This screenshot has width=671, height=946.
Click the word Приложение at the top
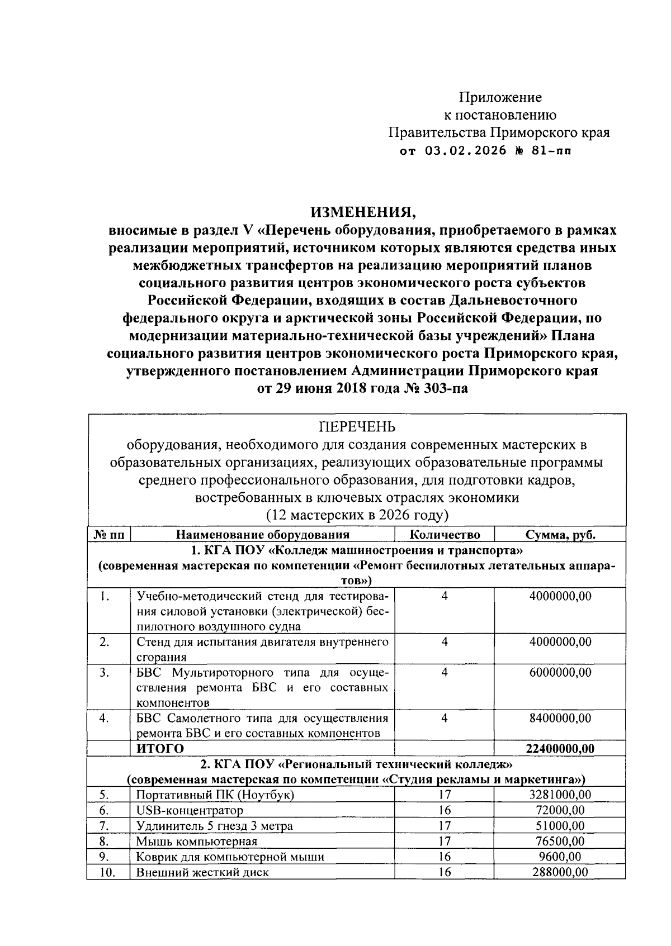500,98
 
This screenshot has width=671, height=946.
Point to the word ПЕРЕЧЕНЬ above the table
357,427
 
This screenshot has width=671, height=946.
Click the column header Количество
445,535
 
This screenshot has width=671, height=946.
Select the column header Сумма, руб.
560,535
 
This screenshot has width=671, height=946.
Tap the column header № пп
108,535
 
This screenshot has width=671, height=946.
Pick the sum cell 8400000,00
560,718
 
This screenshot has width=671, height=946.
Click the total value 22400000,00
560,749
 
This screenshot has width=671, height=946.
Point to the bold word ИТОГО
160,749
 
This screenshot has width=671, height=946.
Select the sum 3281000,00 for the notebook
560,795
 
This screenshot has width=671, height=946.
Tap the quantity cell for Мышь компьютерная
445,841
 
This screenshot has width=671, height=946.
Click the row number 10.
107,872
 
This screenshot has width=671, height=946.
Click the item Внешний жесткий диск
202,872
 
